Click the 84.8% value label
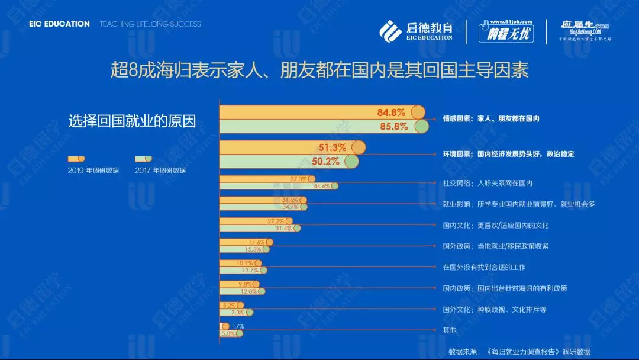tap(391, 112)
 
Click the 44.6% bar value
tap(321, 186)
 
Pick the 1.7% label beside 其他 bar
tap(237, 326)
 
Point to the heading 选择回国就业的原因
tap(132, 121)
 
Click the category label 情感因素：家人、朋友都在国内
tap(491, 119)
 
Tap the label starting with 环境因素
tap(508, 154)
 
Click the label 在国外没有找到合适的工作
tap(484, 267)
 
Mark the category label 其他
tap(450, 330)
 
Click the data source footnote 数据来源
tap(519, 351)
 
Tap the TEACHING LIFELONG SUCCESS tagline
tap(150, 24)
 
